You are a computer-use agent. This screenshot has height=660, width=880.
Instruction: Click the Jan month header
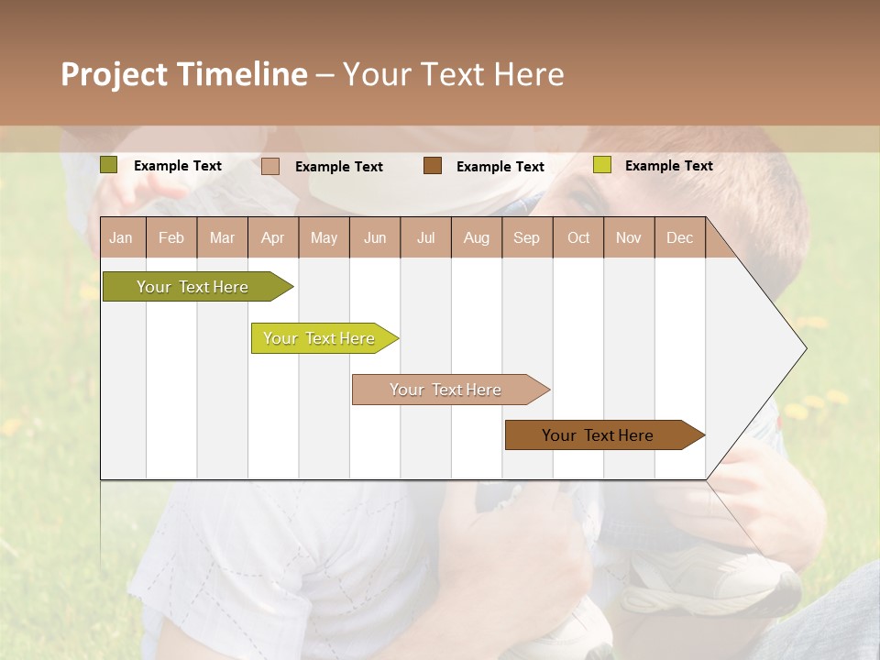[x=122, y=237]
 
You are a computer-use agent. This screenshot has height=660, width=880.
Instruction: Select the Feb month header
[x=171, y=237]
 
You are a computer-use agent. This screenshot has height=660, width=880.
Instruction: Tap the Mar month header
[x=222, y=237]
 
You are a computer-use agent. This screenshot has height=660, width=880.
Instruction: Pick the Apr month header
[x=273, y=237]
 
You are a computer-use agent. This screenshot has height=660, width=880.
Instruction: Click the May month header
[x=324, y=237]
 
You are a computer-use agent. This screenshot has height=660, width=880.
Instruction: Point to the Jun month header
[x=375, y=237]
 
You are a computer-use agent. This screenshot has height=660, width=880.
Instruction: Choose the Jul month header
[x=425, y=237]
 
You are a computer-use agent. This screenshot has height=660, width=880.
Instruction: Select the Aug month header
[x=477, y=237]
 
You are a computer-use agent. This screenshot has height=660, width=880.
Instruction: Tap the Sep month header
[x=527, y=237]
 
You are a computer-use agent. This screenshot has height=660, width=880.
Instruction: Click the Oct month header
[x=578, y=237]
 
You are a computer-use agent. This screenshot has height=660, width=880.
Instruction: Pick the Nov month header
[x=629, y=237]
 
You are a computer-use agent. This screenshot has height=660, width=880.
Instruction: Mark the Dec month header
[x=679, y=237]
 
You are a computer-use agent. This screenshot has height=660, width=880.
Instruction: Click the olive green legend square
[x=109, y=165]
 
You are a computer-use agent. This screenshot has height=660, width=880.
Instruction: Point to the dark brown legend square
[x=433, y=166]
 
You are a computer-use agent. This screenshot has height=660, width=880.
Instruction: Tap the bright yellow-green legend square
[x=601, y=165]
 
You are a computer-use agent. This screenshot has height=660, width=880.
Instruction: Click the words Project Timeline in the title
[x=184, y=74]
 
